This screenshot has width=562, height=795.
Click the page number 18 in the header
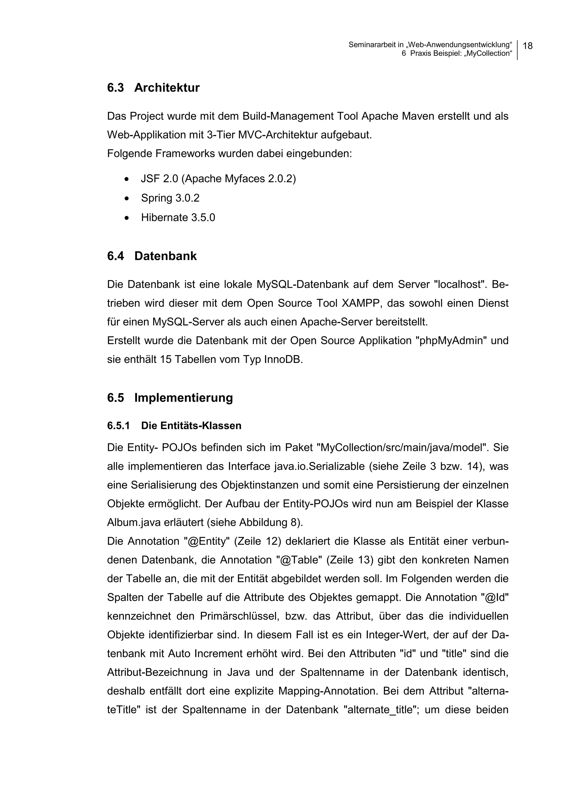(527, 46)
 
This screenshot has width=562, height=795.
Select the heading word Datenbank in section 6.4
(165, 256)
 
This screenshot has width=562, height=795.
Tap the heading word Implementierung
(183, 397)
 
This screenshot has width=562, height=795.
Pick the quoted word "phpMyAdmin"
(451, 341)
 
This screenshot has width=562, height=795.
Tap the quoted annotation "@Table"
(299, 560)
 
